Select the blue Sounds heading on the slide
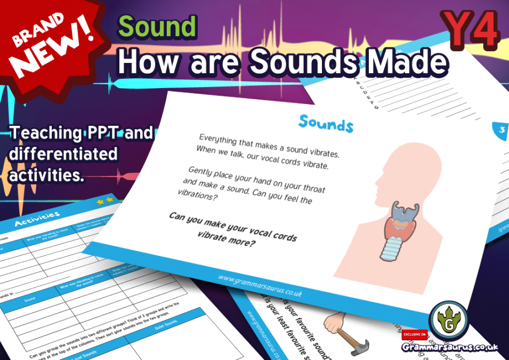326,123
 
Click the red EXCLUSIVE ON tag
413,334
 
